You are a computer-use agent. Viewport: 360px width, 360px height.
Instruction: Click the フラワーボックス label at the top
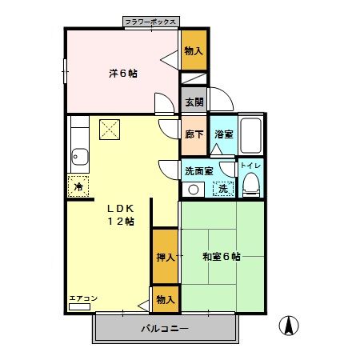click(151, 22)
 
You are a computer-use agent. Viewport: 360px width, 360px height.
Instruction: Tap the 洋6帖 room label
click(122, 74)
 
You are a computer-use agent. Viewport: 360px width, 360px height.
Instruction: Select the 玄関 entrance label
click(194, 102)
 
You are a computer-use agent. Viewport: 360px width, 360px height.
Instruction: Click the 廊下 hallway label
click(194, 134)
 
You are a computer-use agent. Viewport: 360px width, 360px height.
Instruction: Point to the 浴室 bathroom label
click(223, 134)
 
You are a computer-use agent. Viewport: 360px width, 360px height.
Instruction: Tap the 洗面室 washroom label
click(199, 170)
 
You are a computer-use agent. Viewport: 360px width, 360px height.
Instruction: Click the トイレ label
click(251, 166)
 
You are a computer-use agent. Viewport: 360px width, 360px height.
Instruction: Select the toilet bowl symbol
click(251, 186)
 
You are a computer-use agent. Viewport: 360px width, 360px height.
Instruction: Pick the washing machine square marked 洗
click(225, 189)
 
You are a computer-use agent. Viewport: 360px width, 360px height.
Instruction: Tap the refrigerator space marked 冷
click(78, 186)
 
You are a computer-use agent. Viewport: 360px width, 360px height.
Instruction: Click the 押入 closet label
click(165, 258)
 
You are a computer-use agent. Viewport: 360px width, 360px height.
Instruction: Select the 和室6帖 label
click(222, 257)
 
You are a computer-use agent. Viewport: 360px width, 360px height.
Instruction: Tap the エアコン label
click(82, 298)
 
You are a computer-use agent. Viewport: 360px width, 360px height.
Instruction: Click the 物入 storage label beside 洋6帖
click(194, 50)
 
